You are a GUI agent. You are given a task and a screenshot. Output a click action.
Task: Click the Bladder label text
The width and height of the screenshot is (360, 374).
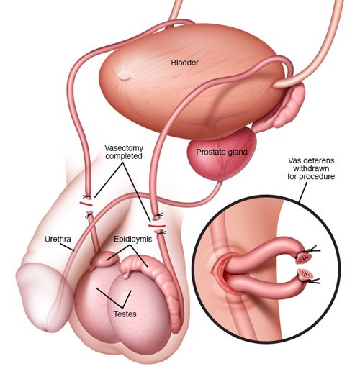pos(184,63)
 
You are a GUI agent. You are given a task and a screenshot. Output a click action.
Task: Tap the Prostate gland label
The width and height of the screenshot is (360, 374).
pos(222,152)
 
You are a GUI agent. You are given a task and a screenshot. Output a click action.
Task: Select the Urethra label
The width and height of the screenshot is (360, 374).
pos(58,239)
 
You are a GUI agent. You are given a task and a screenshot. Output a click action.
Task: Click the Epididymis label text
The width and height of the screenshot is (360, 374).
pos(132,239)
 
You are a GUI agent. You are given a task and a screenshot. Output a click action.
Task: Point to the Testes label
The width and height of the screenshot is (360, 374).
pos(125,314)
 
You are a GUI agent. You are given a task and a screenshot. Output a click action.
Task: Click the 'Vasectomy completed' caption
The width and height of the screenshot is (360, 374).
pos(124,152)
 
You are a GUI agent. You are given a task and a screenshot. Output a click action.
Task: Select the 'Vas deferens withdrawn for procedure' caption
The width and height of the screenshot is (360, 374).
pos(311,168)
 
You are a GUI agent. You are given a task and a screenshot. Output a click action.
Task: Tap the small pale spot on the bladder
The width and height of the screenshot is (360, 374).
pos(124,76)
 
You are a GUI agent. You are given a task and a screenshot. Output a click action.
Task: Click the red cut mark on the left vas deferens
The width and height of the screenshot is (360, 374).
pos(86,204)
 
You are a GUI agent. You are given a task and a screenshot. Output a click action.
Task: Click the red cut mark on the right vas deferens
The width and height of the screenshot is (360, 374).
pos(156,226)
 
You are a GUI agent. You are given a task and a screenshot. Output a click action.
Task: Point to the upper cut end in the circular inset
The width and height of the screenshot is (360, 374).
pos(303,258)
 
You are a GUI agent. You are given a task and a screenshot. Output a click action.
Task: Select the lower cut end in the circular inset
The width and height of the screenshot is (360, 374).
pos(305,275)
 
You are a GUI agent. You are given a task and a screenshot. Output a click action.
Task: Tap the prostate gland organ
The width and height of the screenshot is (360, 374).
pos(222,153)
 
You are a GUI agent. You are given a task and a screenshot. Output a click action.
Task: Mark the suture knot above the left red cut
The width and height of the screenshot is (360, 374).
pos(86,197)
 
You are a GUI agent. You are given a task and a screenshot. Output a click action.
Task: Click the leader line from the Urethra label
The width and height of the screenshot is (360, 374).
pos(67,247)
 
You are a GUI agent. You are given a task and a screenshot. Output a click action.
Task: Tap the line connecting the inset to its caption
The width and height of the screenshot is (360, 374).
pos(303,193)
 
